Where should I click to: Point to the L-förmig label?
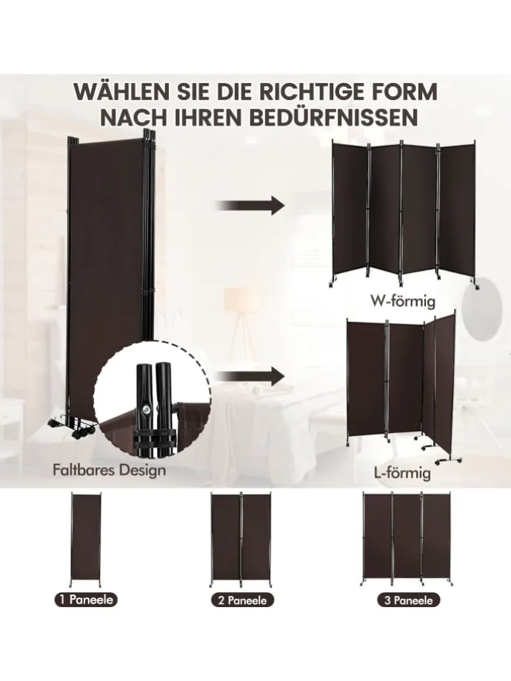(x=402, y=472)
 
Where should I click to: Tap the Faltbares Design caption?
(x=109, y=469)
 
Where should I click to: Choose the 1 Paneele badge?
(x=87, y=600)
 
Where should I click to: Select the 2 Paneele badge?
(x=243, y=600)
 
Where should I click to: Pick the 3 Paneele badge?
(x=409, y=600)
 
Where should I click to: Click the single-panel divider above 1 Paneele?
(x=86, y=540)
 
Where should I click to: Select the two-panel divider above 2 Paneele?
(x=241, y=540)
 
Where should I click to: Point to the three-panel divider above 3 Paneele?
(x=407, y=540)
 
